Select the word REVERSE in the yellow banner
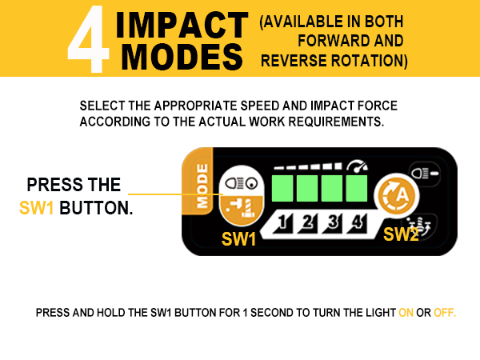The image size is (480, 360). click(x=295, y=61)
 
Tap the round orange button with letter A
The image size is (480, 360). click(x=395, y=194)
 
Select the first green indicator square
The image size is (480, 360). click(x=283, y=189)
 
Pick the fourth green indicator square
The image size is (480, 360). click(x=356, y=189)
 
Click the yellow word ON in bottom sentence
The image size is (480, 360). click(x=406, y=312)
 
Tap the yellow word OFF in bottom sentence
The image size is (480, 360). click(x=444, y=312)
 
